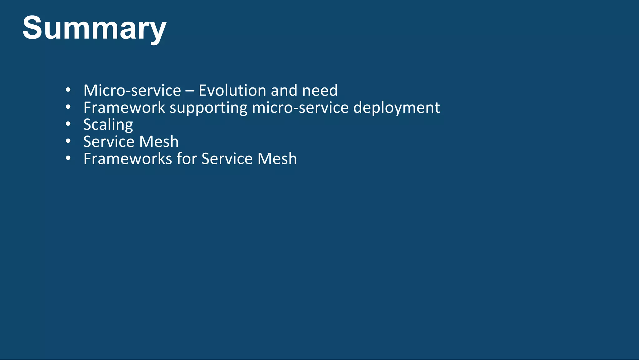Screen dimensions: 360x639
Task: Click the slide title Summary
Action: [x=94, y=28]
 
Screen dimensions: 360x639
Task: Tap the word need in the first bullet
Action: [x=320, y=91]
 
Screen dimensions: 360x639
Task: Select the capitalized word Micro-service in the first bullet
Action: [x=132, y=91]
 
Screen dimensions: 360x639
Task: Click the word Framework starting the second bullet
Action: [x=124, y=108]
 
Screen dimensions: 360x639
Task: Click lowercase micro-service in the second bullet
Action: [x=300, y=108]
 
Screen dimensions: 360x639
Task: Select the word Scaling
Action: [x=108, y=125]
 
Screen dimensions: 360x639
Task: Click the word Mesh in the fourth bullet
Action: [x=159, y=142]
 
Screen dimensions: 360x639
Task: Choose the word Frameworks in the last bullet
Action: [x=128, y=159]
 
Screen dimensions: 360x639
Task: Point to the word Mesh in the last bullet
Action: [x=277, y=159]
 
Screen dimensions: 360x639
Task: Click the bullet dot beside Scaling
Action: [x=68, y=124]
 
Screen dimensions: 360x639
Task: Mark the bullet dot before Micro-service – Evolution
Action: [x=68, y=90]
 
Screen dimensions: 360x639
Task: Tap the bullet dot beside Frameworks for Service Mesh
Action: [x=68, y=158]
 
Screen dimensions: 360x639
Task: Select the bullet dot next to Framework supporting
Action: [x=68, y=107]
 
